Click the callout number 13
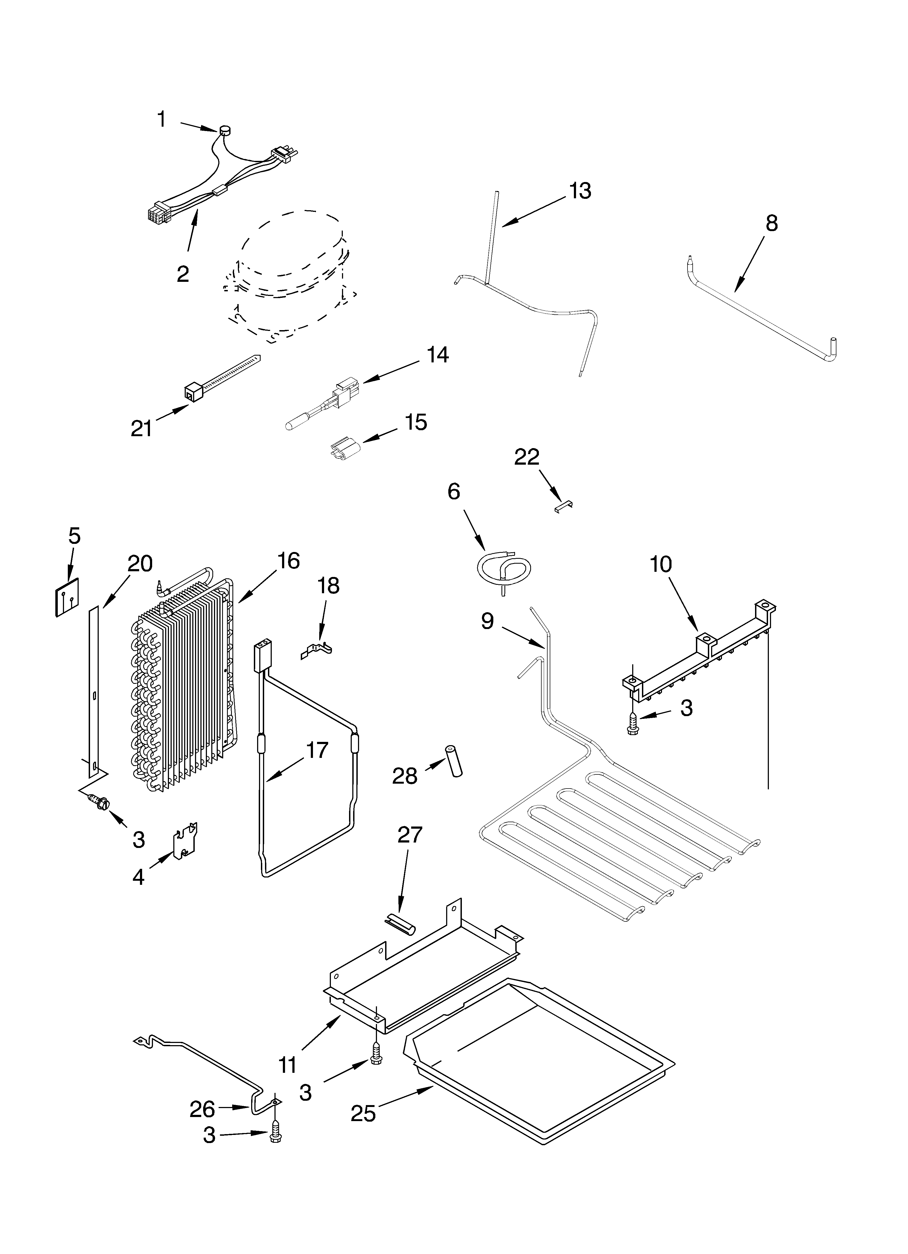pyautogui.click(x=580, y=191)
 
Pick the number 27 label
pyautogui.click(x=410, y=850)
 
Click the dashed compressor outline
pyautogui.click(x=287, y=276)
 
